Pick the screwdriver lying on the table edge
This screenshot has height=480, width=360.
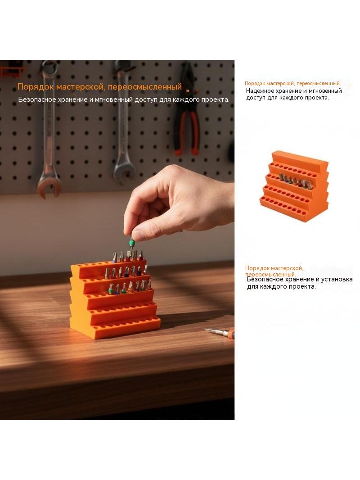[x=220, y=332]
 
